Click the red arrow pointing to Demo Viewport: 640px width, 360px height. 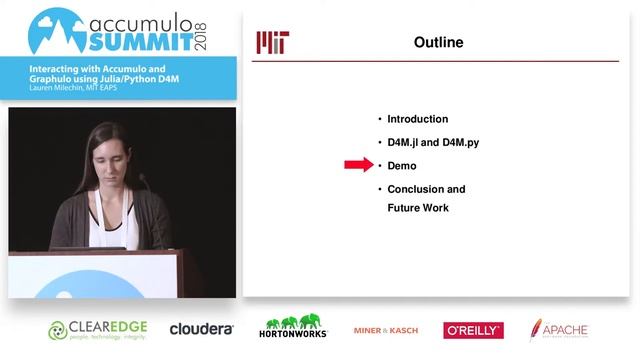pyautogui.click(x=357, y=165)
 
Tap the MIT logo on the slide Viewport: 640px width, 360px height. pyautogui.click(x=273, y=42)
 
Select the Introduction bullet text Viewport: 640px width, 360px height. pyautogui.click(x=417, y=119)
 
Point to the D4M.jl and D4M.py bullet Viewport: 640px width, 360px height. pyautogui.click(x=433, y=142)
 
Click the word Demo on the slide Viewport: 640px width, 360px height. pyautogui.click(x=401, y=165)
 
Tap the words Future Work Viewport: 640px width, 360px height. pyautogui.click(x=418, y=208)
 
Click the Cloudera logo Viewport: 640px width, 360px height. pyautogui.click(x=201, y=328)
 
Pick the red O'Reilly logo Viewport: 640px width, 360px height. pyautogui.click(x=473, y=330)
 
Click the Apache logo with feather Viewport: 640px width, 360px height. pyautogui.click(x=559, y=329)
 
